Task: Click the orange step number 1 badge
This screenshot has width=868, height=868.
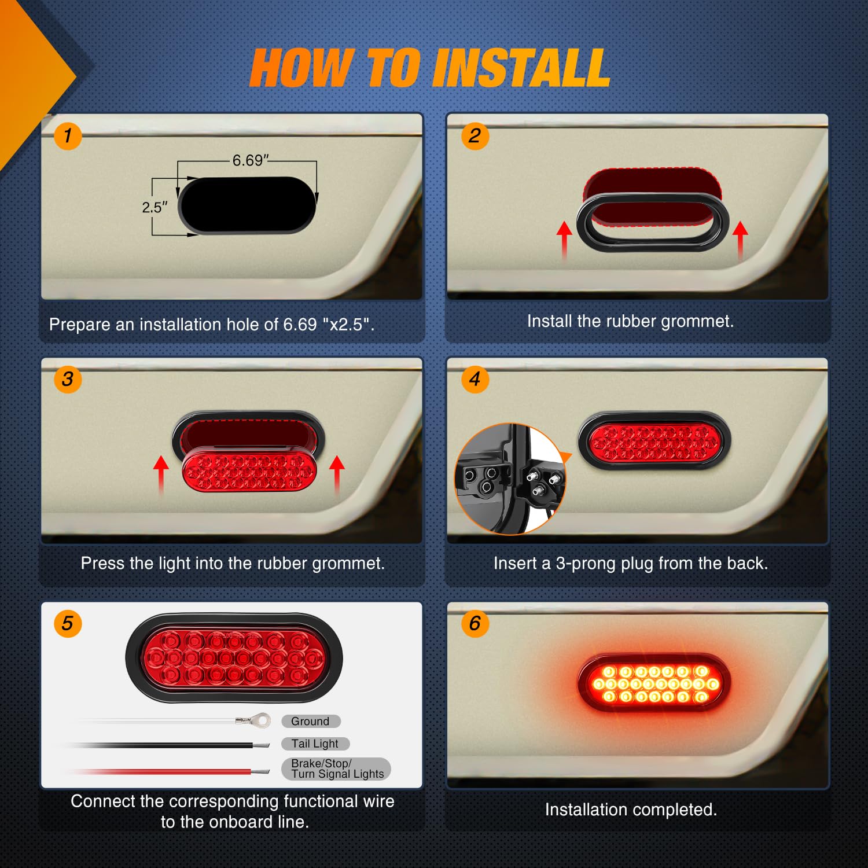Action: click(x=68, y=136)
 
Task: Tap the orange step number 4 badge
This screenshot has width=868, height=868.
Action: click(x=475, y=380)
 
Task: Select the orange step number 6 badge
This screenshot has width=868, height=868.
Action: click(x=475, y=624)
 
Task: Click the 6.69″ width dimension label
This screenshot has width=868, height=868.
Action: click(x=250, y=160)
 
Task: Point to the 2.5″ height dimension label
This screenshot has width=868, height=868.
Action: click(x=155, y=207)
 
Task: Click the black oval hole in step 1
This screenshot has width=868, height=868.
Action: click(x=248, y=205)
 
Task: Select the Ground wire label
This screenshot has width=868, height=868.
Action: click(x=311, y=721)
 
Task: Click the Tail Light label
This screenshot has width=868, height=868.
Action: click(x=315, y=744)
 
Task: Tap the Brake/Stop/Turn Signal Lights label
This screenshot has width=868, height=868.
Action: click(x=336, y=769)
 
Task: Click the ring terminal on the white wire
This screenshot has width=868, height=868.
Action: click(x=262, y=720)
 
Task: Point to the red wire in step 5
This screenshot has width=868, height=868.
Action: click(x=174, y=772)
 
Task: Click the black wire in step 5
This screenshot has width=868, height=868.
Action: click(x=174, y=745)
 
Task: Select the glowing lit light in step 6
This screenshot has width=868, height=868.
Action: click(x=654, y=684)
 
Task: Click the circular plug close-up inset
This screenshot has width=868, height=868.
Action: click(x=510, y=479)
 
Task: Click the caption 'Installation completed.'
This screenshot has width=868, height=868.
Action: click(x=631, y=810)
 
